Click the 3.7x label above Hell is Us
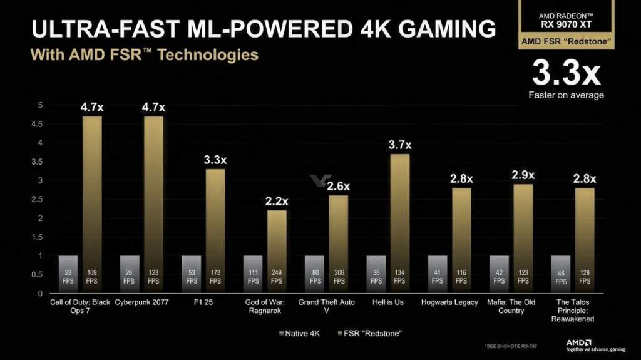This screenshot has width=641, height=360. pos(399,145)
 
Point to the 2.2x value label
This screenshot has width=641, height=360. pos(276,201)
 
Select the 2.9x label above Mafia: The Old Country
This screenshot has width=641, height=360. pos(523,175)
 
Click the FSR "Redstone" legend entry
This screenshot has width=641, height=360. pos(372,332)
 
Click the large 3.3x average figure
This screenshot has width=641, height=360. pos(566,74)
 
